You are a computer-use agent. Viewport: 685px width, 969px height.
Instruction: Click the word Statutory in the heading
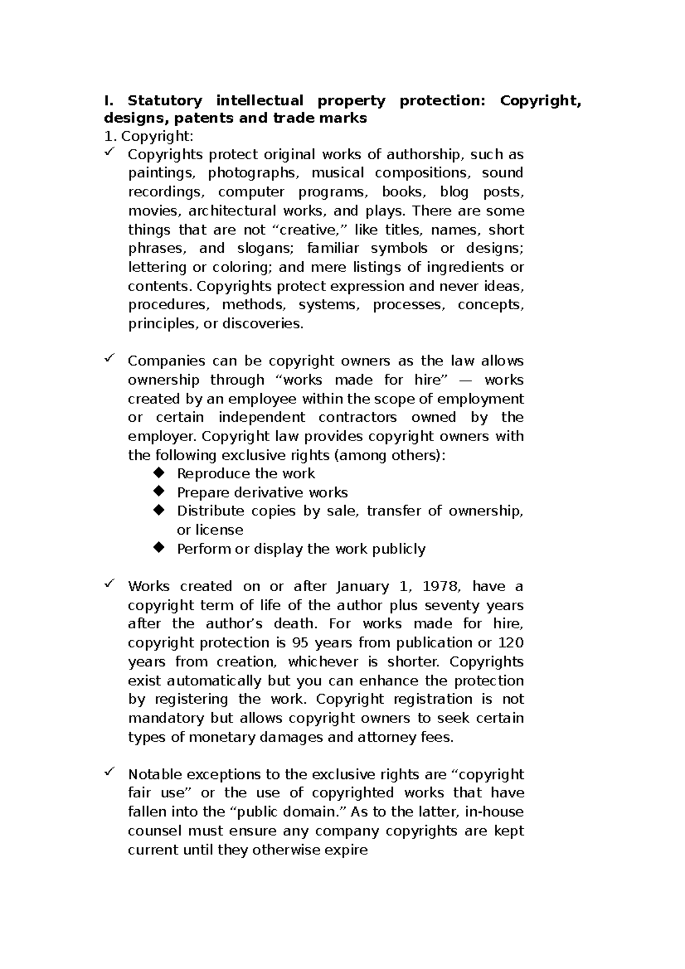pyautogui.click(x=164, y=101)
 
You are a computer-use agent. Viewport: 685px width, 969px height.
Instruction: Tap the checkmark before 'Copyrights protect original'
pyautogui.click(x=109, y=152)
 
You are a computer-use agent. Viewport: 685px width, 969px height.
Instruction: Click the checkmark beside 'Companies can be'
pyautogui.click(x=109, y=358)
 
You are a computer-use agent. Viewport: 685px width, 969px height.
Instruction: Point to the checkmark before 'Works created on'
pyautogui.click(x=109, y=584)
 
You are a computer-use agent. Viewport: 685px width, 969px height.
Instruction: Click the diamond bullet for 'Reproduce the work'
pyautogui.click(x=159, y=473)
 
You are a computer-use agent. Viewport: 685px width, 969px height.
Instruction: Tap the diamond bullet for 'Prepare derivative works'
pyautogui.click(x=159, y=491)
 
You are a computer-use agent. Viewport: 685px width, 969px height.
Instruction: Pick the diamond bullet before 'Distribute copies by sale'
pyautogui.click(x=159, y=510)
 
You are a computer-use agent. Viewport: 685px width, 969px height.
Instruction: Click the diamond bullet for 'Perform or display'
pyautogui.click(x=159, y=548)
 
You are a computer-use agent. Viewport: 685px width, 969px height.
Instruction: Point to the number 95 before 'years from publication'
pyautogui.click(x=300, y=643)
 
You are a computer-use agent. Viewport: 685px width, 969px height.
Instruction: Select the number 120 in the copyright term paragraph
pyautogui.click(x=510, y=643)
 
